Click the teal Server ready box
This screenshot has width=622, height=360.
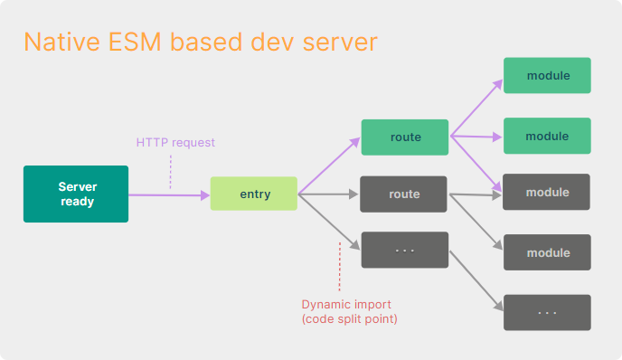(x=77, y=194)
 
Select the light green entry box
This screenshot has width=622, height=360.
(x=254, y=194)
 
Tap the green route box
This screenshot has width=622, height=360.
(x=404, y=137)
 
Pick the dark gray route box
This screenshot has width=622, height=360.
(x=404, y=194)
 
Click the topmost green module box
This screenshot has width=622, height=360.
(x=547, y=75)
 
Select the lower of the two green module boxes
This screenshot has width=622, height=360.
(x=547, y=136)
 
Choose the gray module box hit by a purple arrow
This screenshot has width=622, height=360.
(x=547, y=192)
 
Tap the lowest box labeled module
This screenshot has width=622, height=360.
(x=547, y=252)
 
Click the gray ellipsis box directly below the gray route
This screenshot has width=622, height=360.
(x=404, y=250)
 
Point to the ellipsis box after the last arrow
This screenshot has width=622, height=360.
(x=547, y=312)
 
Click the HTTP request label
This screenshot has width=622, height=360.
(x=175, y=143)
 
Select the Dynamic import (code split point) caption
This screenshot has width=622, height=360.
(x=347, y=311)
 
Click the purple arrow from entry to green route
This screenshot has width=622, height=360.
(x=329, y=166)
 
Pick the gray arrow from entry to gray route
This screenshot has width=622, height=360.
(x=329, y=194)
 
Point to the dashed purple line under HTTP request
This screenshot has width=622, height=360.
(x=170, y=170)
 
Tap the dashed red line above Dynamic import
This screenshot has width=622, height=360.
(x=340, y=267)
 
